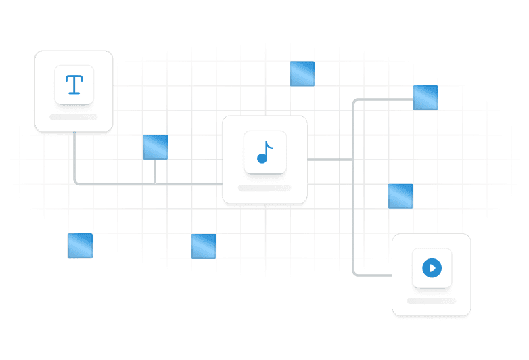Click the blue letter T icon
point(74,85)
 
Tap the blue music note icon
point(265,152)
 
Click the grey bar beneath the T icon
point(74,117)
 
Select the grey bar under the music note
point(264,187)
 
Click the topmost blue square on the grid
point(302,73)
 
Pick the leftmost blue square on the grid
point(80,246)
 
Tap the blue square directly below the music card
point(204,246)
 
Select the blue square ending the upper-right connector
point(425,98)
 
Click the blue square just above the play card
point(400,196)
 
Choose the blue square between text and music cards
point(155,147)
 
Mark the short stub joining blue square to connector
point(155,171)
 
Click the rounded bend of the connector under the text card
point(76,181)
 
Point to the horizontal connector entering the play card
point(374,275)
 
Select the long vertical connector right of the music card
point(353,203)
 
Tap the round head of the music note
point(262,158)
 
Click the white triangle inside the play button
point(432,268)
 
